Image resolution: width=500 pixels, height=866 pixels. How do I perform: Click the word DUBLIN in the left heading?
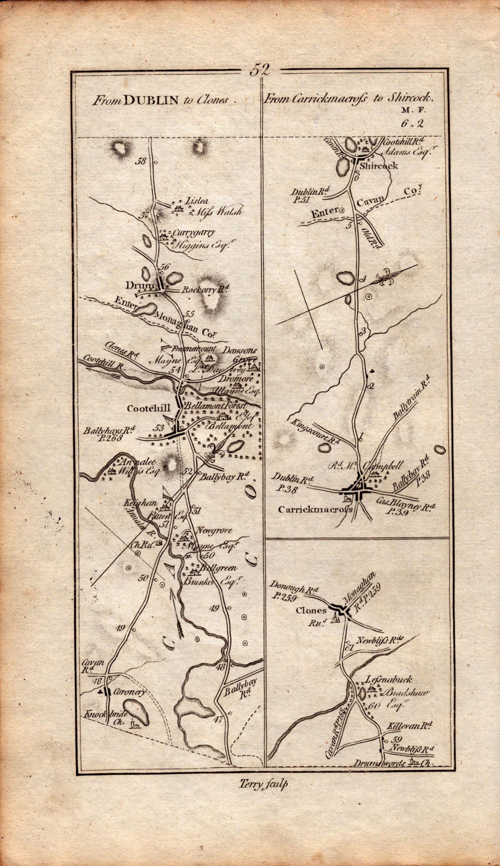(151, 100)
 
